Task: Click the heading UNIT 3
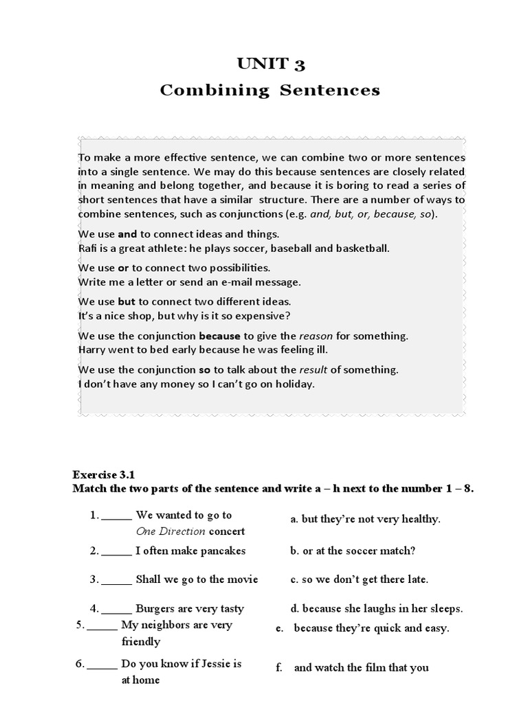click(x=270, y=65)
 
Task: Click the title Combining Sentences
click(x=270, y=91)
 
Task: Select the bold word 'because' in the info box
click(x=219, y=336)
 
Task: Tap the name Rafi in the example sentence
click(x=88, y=249)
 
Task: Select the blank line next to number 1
click(x=116, y=516)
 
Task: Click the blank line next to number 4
click(x=116, y=609)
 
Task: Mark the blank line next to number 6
click(x=102, y=665)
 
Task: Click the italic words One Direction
click(x=170, y=531)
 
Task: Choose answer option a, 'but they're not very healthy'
click(x=365, y=519)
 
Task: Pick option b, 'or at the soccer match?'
click(x=353, y=551)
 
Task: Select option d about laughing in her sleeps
click(x=376, y=608)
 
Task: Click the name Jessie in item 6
click(x=216, y=664)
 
